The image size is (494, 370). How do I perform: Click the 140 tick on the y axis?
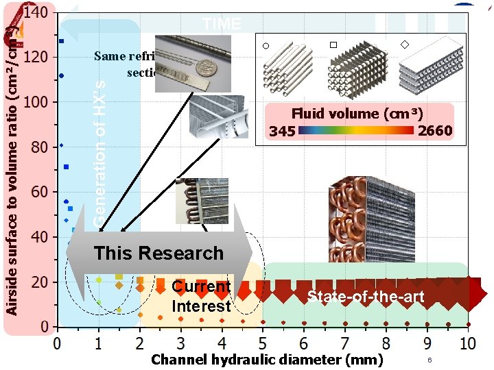point(35,12)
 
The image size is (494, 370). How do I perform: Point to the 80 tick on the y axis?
point(39,147)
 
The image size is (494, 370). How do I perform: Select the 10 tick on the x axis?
point(468,342)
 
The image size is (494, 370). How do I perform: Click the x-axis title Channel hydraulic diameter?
point(267,359)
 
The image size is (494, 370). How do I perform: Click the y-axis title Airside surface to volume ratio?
point(12,171)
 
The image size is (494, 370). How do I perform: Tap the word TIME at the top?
point(222,25)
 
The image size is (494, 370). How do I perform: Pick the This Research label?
point(158,253)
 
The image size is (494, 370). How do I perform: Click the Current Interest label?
point(201,296)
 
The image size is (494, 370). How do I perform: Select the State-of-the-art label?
point(366,297)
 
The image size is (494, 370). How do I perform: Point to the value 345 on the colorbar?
point(282,130)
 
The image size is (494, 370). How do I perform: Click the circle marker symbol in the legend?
point(266,46)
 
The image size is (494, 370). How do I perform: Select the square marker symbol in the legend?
point(333,45)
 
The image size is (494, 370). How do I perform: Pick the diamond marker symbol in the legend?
point(404,45)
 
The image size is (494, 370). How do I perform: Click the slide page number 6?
point(429,360)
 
